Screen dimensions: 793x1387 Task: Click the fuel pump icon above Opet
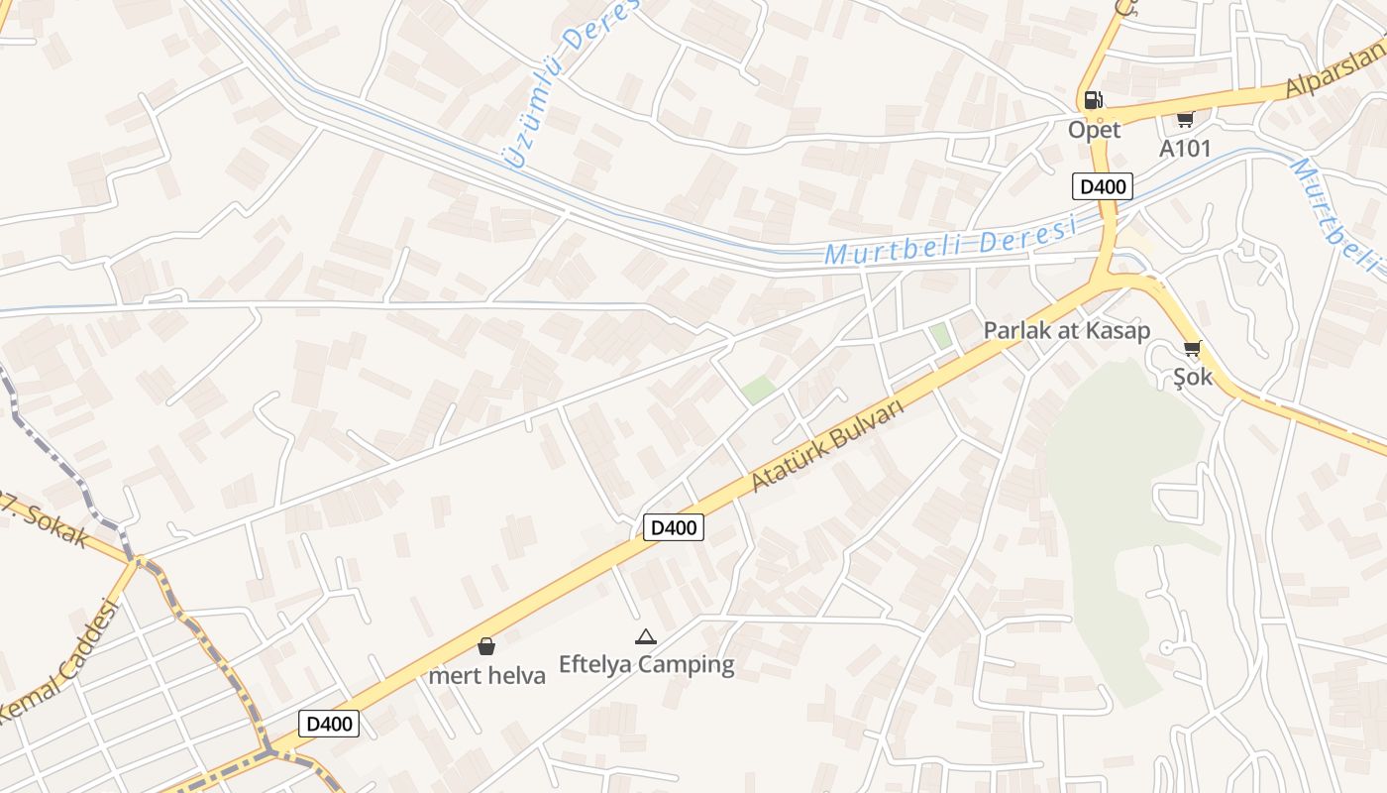tap(1093, 99)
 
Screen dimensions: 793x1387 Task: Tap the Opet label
tap(1094, 130)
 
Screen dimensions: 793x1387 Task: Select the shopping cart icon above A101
tap(1184, 118)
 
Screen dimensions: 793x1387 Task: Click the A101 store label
tap(1185, 149)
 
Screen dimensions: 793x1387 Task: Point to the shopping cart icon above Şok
tap(1193, 348)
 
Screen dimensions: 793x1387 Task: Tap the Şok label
tap(1193, 377)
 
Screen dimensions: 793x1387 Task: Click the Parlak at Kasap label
tap(1066, 331)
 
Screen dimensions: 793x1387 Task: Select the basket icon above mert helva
tap(486, 646)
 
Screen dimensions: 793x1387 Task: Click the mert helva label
tap(486, 676)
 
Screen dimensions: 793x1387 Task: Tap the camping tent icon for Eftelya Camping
tap(646, 636)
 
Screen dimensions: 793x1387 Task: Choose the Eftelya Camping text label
tap(646, 664)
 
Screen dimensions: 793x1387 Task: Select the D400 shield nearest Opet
tap(1102, 186)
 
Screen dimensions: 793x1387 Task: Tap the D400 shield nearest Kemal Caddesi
tap(329, 724)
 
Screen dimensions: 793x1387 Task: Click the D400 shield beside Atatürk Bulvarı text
tap(673, 527)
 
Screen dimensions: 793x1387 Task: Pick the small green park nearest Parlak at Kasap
tap(940, 336)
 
